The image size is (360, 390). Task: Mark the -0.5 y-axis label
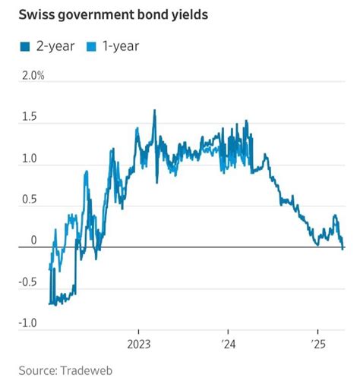click(27, 282)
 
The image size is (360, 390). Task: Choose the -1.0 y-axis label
click(27, 324)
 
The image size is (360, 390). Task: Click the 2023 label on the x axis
click(139, 342)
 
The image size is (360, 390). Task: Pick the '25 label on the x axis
click(317, 342)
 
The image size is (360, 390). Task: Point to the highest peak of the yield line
click(155, 111)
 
